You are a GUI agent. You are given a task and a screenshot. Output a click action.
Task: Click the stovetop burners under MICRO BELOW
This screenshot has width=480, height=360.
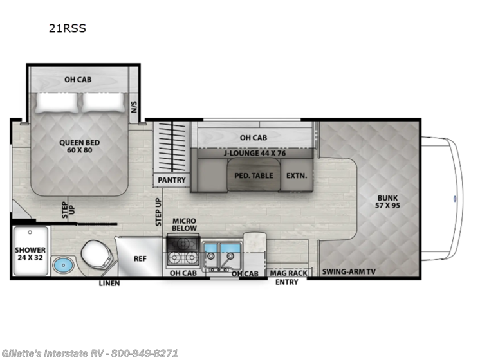[183, 251]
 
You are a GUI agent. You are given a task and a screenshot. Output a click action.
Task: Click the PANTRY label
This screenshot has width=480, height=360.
[172, 180]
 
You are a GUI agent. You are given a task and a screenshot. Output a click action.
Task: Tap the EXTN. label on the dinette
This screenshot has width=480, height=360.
[296, 175]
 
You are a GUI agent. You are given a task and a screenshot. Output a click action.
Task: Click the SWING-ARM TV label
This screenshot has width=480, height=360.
[349, 273]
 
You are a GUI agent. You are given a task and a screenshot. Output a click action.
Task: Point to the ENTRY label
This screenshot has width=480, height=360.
[287, 282]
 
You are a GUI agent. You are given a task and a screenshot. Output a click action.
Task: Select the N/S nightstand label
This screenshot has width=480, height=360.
[134, 105]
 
